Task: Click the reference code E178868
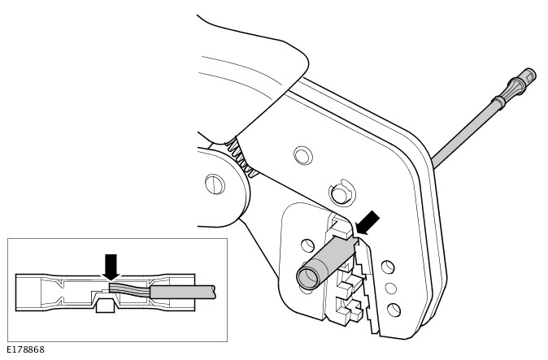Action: [25, 349]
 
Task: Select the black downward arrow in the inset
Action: [111, 267]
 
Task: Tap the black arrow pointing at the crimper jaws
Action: [367, 223]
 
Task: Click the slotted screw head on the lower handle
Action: [215, 184]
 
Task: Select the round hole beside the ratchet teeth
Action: [302, 155]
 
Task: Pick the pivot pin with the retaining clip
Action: [341, 193]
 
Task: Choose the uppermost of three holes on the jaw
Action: [388, 267]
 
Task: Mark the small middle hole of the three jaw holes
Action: [390, 288]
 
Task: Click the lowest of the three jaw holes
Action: [394, 310]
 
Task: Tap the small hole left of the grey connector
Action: [307, 245]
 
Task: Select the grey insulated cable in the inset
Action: [182, 293]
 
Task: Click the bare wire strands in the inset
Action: [130, 290]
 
